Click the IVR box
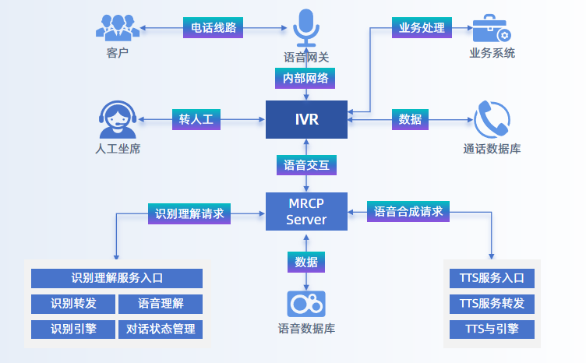(x=306, y=120)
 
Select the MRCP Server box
(x=306, y=212)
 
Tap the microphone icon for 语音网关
(x=306, y=28)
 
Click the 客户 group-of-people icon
(x=118, y=27)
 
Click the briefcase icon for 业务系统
(x=492, y=28)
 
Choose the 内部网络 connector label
(x=306, y=79)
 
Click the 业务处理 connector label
(x=422, y=28)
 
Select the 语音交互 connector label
(x=306, y=165)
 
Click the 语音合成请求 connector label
(x=408, y=212)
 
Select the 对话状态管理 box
(x=161, y=329)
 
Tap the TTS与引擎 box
(x=492, y=329)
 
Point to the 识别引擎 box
(x=73, y=329)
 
